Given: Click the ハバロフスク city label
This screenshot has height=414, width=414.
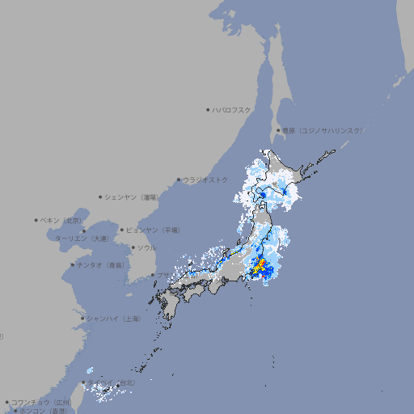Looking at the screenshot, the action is tap(231, 109).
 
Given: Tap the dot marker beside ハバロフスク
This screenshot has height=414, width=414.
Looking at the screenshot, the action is tap(208, 109).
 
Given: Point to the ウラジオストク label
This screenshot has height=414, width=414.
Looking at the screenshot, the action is tap(205, 180).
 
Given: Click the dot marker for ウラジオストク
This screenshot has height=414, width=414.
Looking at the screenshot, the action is tap(179, 180).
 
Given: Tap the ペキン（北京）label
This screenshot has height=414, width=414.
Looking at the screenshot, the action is tap(61, 220).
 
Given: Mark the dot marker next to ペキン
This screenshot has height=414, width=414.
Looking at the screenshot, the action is tap(36, 220).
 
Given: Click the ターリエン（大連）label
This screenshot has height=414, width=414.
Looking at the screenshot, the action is tap(81, 239).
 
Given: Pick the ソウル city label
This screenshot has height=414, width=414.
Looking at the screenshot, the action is tap(146, 247).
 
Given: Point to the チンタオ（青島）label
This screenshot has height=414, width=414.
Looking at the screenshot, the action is tap(99, 265).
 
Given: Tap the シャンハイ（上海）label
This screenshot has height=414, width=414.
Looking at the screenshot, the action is tap(112, 319).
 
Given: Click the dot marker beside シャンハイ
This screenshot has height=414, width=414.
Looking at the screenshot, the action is tap(82, 319).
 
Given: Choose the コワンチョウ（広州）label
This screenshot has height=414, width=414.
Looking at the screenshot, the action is tap(40, 402).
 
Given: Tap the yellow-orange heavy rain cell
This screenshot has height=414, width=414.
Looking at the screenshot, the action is tap(260, 264).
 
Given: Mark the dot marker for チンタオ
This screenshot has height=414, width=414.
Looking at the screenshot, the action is tap(72, 265).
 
